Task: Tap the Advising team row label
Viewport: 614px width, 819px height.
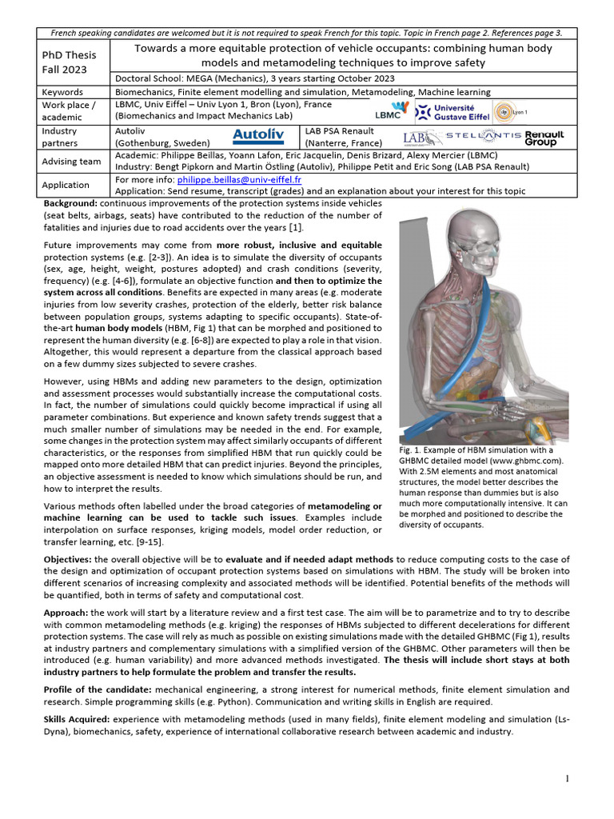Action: pos(71,161)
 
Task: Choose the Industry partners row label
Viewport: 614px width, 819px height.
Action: pos(60,136)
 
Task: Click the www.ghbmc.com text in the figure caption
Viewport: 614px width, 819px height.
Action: pos(523,461)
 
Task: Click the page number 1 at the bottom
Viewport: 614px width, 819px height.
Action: pos(567,779)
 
